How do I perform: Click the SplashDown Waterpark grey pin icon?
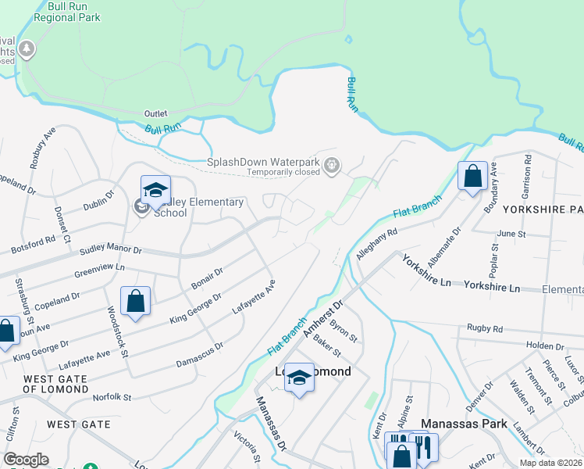pyautogui.click(x=333, y=164)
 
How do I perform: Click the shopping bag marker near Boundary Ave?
pyautogui.click(x=472, y=176)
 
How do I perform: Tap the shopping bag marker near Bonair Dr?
pyautogui.click(x=136, y=301)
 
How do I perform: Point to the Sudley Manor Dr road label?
pyautogui.click(x=110, y=250)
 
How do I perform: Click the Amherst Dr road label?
pyautogui.click(x=323, y=319)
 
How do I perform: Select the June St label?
pyautogui.click(x=512, y=233)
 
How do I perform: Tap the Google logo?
pyautogui.click(x=26, y=459)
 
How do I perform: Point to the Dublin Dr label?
pyautogui.click(x=99, y=201)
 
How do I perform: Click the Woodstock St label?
pyautogui.click(x=117, y=331)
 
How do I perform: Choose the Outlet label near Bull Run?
pyautogui.click(x=157, y=113)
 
